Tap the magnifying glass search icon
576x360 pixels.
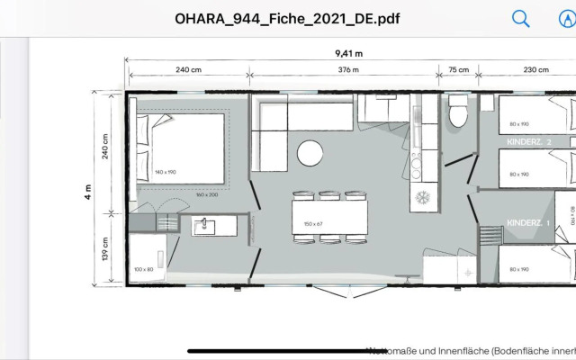point(521,18)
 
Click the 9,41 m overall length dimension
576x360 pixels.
point(348,54)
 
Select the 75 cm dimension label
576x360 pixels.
point(458,70)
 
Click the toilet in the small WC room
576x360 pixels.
point(457,115)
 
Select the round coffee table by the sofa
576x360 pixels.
point(310,153)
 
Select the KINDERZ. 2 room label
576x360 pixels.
point(529,141)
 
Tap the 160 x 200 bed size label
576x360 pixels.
point(207,194)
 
